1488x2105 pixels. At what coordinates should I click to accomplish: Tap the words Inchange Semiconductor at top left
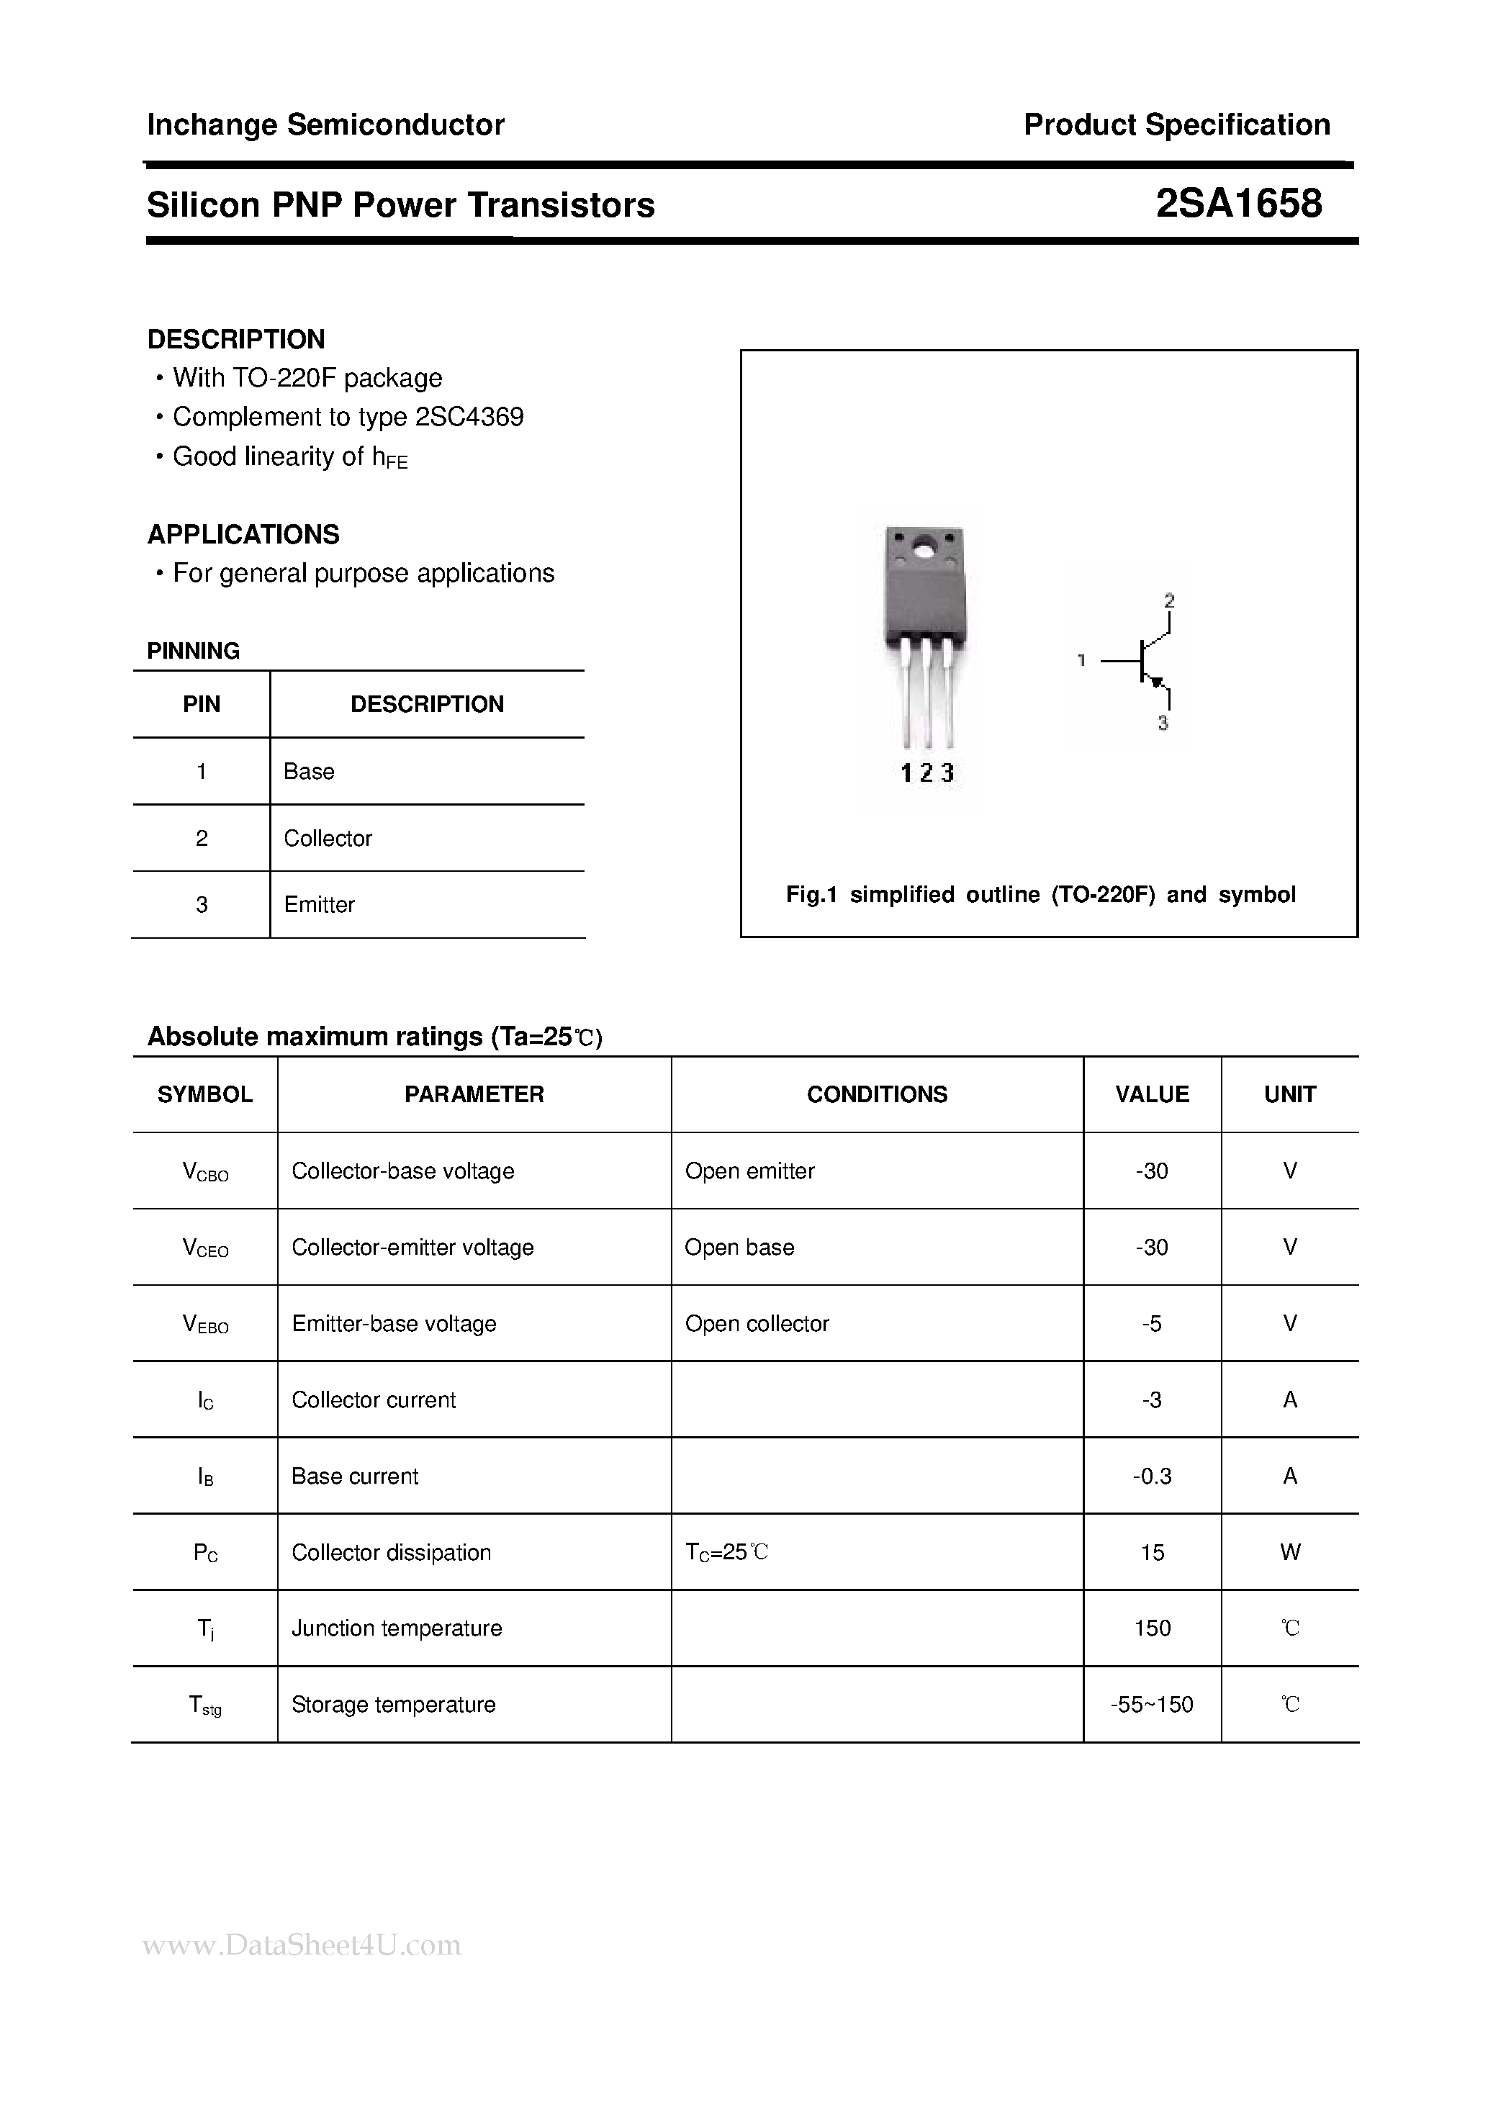click(325, 125)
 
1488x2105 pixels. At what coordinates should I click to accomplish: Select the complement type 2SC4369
click(469, 417)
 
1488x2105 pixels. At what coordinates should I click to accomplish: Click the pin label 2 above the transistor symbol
click(1169, 601)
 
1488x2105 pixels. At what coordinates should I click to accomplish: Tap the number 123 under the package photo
click(927, 773)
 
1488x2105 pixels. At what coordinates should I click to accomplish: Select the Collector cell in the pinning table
click(328, 838)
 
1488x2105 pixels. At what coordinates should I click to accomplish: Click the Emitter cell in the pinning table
click(319, 905)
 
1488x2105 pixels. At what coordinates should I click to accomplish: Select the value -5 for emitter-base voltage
click(1152, 1323)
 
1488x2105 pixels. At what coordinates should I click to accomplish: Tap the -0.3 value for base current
click(1152, 1476)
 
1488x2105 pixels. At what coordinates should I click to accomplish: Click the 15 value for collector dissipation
click(1152, 1552)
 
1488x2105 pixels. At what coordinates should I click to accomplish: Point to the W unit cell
click(1289, 1552)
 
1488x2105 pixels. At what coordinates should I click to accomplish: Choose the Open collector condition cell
click(757, 1323)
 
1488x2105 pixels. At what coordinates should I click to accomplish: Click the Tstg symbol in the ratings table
click(204, 1705)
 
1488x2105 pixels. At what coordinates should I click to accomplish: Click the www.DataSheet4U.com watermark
click(302, 1944)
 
